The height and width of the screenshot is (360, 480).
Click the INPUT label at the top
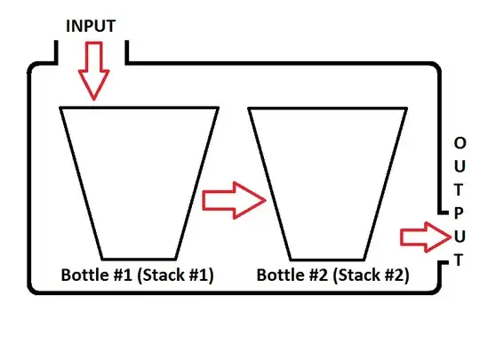pyautogui.click(x=91, y=26)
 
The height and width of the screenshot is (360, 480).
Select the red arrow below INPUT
pyautogui.click(x=94, y=71)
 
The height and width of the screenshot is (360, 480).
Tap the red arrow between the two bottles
pyautogui.click(x=234, y=200)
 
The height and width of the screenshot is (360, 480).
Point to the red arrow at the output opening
pyautogui.click(x=426, y=237)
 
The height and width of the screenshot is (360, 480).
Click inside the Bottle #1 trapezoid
pyautogui.click(x=140, y=183)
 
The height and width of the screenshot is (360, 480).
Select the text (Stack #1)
pyautogui.click(x=175, y=275)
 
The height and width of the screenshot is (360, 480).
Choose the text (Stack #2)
pyautogui.click(x=371, y=275)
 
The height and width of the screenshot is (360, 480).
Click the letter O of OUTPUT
pyautogui.click(x=460, y=143)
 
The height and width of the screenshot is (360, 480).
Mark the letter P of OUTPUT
pyautogui.click(x=459, y=213)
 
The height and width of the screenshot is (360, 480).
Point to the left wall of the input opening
pyautogui.click(x=56, y=52)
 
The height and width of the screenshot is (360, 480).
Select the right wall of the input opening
pyautogui.click(x=127, y=52)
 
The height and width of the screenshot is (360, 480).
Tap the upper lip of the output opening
pyautogui.click(x=444, y=212)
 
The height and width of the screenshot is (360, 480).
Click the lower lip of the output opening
pyautogui.click(x=444, y=262)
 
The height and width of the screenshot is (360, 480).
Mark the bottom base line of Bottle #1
pyautogui.click(x=140, y=259)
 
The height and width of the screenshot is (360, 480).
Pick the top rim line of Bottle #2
pyautogui.click(x=327, y=108)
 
